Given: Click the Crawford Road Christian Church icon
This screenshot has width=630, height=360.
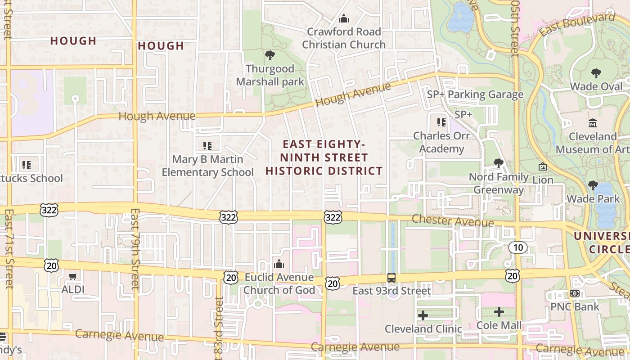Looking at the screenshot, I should tap(344, 19).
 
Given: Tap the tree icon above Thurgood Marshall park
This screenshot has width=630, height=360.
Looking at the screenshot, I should tap(270, 56).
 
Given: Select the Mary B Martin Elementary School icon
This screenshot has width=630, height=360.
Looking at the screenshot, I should tap(207, 146).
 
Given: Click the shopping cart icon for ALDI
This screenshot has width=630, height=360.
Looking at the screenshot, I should tap(72, 276).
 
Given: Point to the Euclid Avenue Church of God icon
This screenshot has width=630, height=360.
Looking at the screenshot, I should tap(279, 264).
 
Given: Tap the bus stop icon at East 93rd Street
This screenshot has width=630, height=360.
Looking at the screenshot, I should tap(391, 278).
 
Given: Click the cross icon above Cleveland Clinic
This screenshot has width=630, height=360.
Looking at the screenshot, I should tap(423, 315).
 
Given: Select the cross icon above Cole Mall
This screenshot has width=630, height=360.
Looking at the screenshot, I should tap(499, 312).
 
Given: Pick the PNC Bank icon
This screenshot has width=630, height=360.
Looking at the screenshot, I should tap(575, 293).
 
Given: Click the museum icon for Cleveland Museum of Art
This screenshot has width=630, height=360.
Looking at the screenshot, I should tap(593, 123).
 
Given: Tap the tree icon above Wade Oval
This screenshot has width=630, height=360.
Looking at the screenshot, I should tap(596, 73).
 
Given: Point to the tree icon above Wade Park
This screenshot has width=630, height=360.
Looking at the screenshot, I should tap(593, 185).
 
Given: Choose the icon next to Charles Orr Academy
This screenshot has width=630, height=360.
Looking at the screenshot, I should tap(441, 122).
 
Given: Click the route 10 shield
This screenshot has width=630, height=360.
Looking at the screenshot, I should tap(518, 247).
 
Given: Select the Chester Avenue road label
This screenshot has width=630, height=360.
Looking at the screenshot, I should tap(453, 221).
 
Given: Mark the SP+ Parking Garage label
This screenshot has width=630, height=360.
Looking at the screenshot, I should tap(475, 94).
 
